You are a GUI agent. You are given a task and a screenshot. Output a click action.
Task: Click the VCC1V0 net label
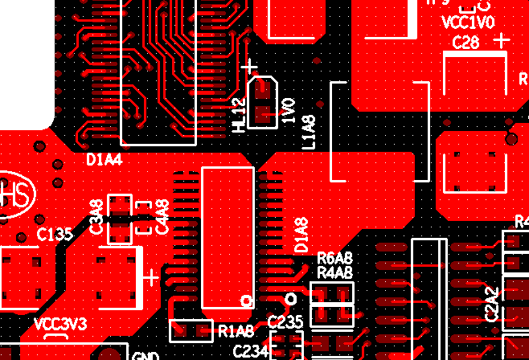tap(470, 22)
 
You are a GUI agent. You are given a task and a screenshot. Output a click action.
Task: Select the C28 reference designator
tap(466, 43)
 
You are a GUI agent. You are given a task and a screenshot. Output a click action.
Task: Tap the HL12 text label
tap(239, 115)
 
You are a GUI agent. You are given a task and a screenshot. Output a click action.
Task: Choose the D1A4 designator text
tap(104, 160)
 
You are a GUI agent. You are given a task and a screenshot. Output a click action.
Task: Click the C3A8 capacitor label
tap(96, 217)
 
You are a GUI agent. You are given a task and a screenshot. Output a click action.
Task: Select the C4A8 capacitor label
tap(162, 216)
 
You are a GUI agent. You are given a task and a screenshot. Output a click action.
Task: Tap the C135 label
tap(55, 235)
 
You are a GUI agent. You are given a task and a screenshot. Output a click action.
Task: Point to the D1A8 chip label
tap(301, 235)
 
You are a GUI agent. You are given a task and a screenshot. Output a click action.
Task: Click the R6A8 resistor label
tap(335, 259)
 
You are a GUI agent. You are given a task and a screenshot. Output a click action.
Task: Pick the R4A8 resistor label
tap(335, 273)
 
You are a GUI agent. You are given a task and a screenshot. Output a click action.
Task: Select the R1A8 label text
tap(236, 329)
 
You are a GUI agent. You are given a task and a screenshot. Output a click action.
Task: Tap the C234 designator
tap(250, 351)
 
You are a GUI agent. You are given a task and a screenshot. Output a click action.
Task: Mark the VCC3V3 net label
tap(60, 324)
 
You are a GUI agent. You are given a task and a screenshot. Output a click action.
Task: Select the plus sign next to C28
tap(502, 39)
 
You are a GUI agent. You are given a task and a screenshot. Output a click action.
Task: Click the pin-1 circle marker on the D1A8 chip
tap(248, 301)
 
